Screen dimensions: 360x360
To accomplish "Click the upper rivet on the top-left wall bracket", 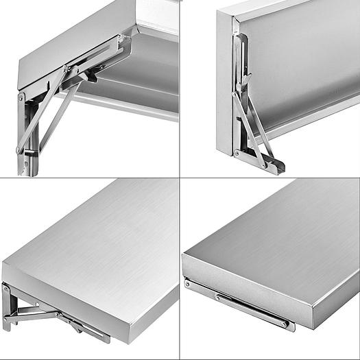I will (x=21, y=98).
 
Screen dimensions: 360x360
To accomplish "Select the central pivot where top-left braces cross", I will (x=67, y=69).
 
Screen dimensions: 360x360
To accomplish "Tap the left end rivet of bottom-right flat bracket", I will (x=187, y=282).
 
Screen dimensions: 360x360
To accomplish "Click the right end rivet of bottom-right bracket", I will (x=283, y=323).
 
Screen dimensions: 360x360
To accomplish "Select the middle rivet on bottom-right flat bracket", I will (x=218, y=297).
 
